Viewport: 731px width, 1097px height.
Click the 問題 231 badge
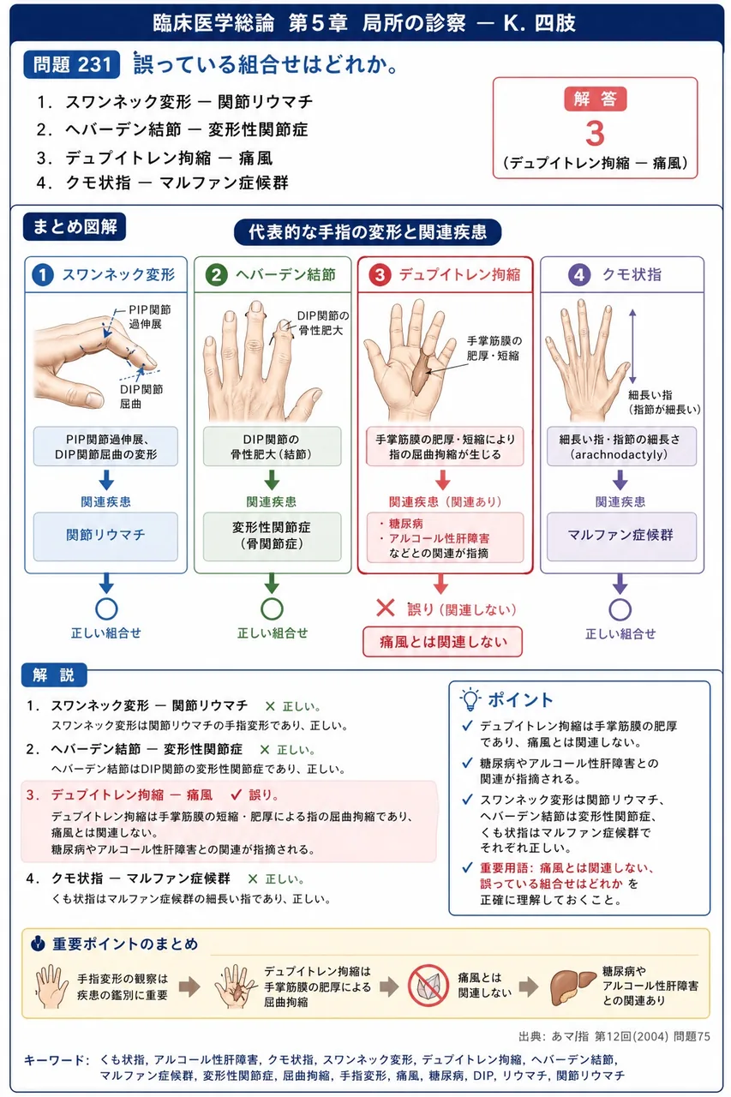71,64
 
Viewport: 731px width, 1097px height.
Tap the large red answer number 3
595,133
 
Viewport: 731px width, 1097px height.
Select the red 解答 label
595,99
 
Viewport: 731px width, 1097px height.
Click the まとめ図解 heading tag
75,227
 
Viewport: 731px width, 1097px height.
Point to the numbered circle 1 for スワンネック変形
43,275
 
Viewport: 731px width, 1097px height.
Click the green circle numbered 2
217,275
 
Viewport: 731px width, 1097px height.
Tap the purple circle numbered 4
579,275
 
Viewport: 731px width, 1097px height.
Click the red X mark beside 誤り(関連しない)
386,608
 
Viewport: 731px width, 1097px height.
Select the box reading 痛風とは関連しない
442,642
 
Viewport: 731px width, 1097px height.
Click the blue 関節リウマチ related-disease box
105,537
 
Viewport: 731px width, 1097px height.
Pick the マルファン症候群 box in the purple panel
621,537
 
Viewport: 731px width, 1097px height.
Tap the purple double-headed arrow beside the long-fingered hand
632,346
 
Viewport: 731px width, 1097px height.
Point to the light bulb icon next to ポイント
470,698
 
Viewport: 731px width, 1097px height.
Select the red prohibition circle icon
428,986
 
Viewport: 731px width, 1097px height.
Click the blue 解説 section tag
54,675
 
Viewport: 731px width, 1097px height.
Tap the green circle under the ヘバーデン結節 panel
272,609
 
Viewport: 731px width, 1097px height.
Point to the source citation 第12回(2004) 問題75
651,1036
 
